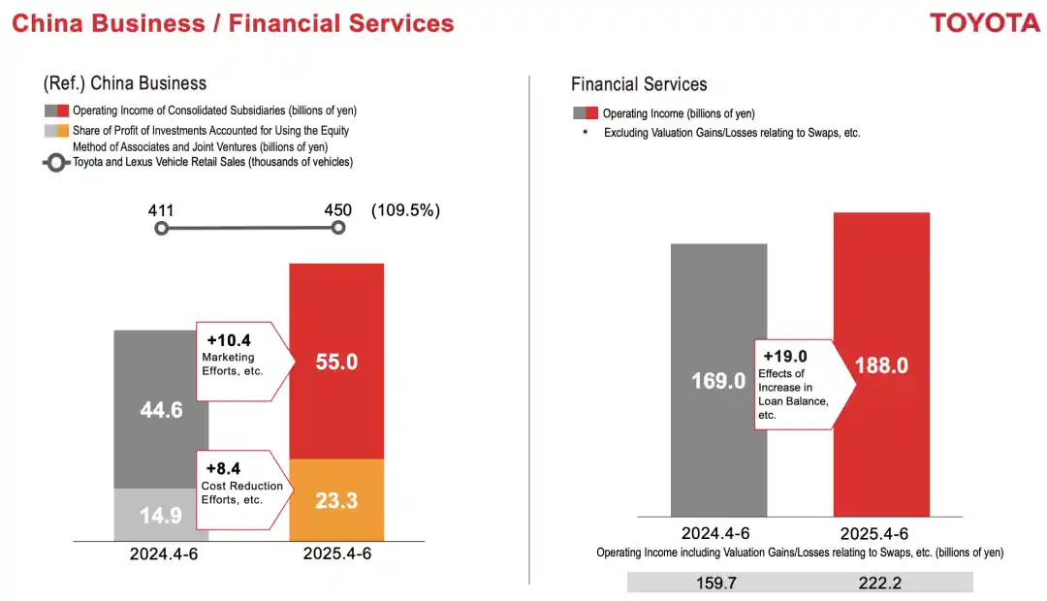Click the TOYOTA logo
point(984,23)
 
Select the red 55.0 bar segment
point(336,361)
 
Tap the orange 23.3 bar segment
point(336,499)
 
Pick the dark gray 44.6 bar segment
point(161,409)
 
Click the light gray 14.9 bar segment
point(161,515)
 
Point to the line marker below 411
point(162,228)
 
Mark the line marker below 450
point(338,228)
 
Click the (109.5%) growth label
point(405,209)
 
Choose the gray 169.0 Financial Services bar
point(718,380)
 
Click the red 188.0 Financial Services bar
point(881,364)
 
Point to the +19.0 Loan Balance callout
point(801,384)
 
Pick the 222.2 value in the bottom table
point(880,582)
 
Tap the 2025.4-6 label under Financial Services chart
point(881,533)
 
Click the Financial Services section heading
point(639,84)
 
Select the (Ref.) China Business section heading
point(125,83)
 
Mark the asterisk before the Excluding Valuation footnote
point(586,133)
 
